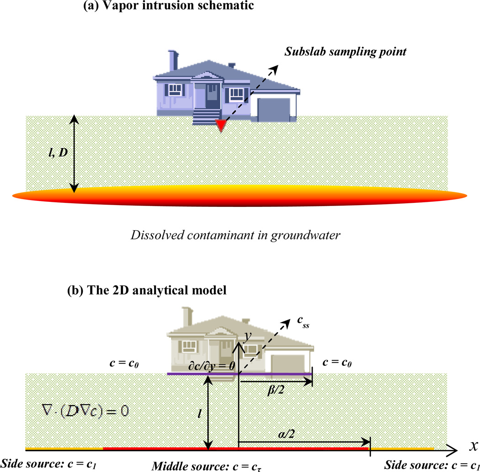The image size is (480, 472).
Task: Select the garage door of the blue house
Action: (274, 110)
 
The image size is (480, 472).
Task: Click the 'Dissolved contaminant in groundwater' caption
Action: (239, 236)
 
